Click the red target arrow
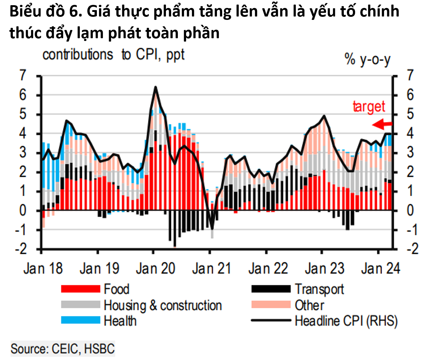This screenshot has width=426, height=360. coord(382,124)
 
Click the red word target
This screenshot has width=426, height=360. coord(369,107)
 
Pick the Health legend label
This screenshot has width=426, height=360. coord(120,321)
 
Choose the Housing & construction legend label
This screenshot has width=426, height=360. coord(163,305)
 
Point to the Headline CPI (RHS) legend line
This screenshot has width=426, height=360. coord(271,321)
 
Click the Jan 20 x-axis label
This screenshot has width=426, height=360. coord(155,269)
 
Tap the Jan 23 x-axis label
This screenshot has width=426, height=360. coord(324,269)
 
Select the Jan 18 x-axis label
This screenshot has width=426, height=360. coord(43,269)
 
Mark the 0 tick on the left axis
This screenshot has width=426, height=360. coord(23,210)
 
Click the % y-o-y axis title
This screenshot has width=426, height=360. coord(367,59)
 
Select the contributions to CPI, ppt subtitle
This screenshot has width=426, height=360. coord(113,55)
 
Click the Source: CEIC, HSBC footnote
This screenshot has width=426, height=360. coord(63,349)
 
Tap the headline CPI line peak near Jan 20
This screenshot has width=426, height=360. coord(156,87)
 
